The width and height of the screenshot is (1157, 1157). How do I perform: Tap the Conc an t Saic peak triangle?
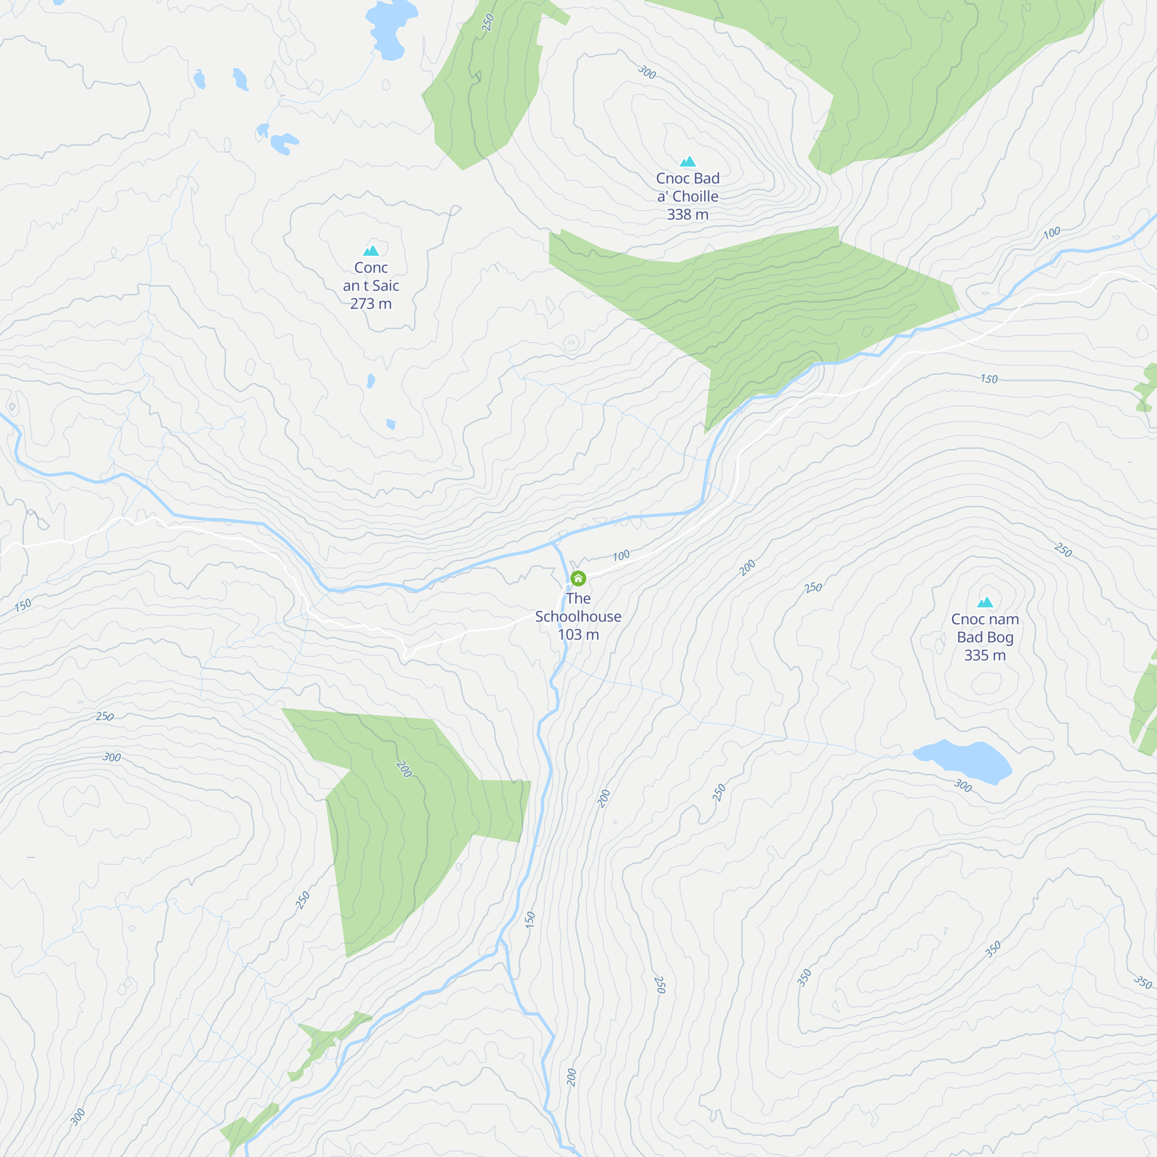click(x=371, y=250)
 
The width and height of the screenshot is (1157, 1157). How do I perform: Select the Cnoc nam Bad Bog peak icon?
click(x=985, y=602)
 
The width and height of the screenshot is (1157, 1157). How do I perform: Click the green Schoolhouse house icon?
click(x=578, y=578)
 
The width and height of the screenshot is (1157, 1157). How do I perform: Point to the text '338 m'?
click(x=687, y=215)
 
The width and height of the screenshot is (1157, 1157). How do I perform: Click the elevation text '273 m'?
click(x=371, y=304)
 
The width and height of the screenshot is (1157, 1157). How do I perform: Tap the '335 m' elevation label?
click(x=985, y=655)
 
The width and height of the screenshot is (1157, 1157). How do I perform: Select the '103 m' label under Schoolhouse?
click(x=578, y=635)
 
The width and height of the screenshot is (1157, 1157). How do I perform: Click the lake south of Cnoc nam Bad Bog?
click(x=964, y=761)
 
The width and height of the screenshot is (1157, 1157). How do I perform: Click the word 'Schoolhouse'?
click(x=578, y=616)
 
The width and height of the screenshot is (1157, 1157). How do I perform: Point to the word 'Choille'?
click(x=695, y=197)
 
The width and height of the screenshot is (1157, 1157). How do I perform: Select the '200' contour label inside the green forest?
click(x=404, y=769)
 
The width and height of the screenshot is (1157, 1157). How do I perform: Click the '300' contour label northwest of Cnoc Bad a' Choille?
click(x=647, y=72)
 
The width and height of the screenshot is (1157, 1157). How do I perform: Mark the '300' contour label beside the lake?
click(x=963, y=785)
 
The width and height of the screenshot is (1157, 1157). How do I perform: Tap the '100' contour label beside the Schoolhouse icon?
click(x=621, y=556)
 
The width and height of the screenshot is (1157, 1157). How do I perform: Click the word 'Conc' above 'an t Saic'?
click(x=371, y=268)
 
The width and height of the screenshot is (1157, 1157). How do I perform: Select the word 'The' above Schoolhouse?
click(x=578, y=598)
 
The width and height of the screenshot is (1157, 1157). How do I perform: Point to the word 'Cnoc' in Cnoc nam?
click(x=967, y=619)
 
